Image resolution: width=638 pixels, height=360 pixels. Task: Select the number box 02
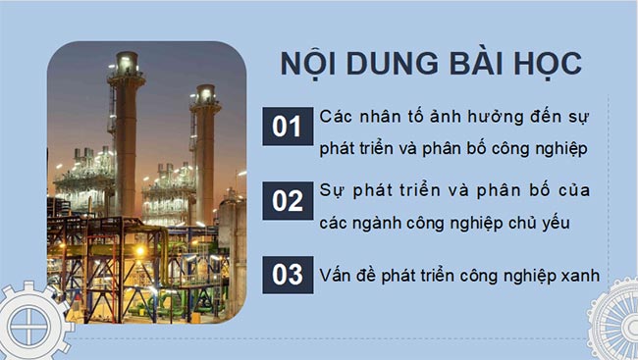[286, 201]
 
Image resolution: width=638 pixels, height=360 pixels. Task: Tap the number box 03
[286, 274]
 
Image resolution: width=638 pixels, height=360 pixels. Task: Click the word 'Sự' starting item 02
[332, 189]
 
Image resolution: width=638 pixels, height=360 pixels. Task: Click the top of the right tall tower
[205, 94]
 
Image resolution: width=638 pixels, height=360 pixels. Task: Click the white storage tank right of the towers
[231, 225]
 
